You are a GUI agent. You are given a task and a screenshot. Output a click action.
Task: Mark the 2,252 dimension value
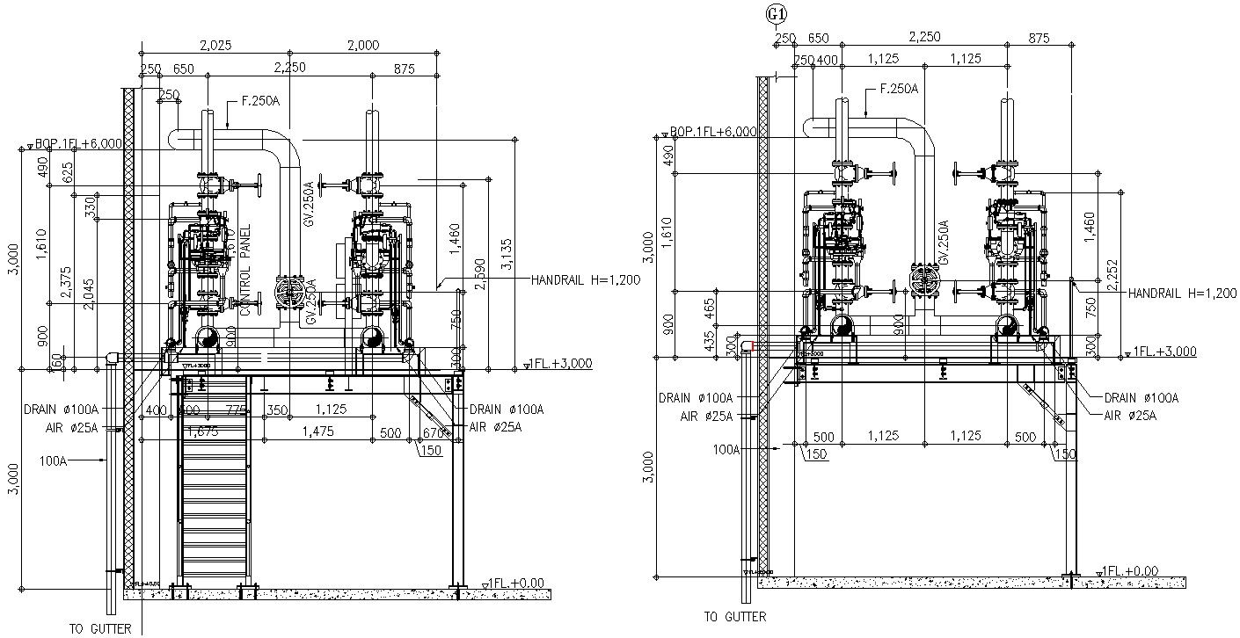click(x=1113, y=273)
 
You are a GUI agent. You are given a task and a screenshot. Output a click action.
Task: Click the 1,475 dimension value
click(x=317, y=431)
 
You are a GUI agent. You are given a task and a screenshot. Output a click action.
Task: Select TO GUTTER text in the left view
click(x=100, y=627)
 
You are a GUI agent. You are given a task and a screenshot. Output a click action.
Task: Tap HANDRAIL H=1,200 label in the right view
click(x=1182, y=293)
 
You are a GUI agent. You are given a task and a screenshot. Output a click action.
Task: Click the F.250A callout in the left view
click(x=260, y=101)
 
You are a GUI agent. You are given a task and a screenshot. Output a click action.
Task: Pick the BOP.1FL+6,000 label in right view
click(x=712, y=131)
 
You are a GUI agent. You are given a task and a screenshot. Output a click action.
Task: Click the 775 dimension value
click(x=235, y=410)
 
